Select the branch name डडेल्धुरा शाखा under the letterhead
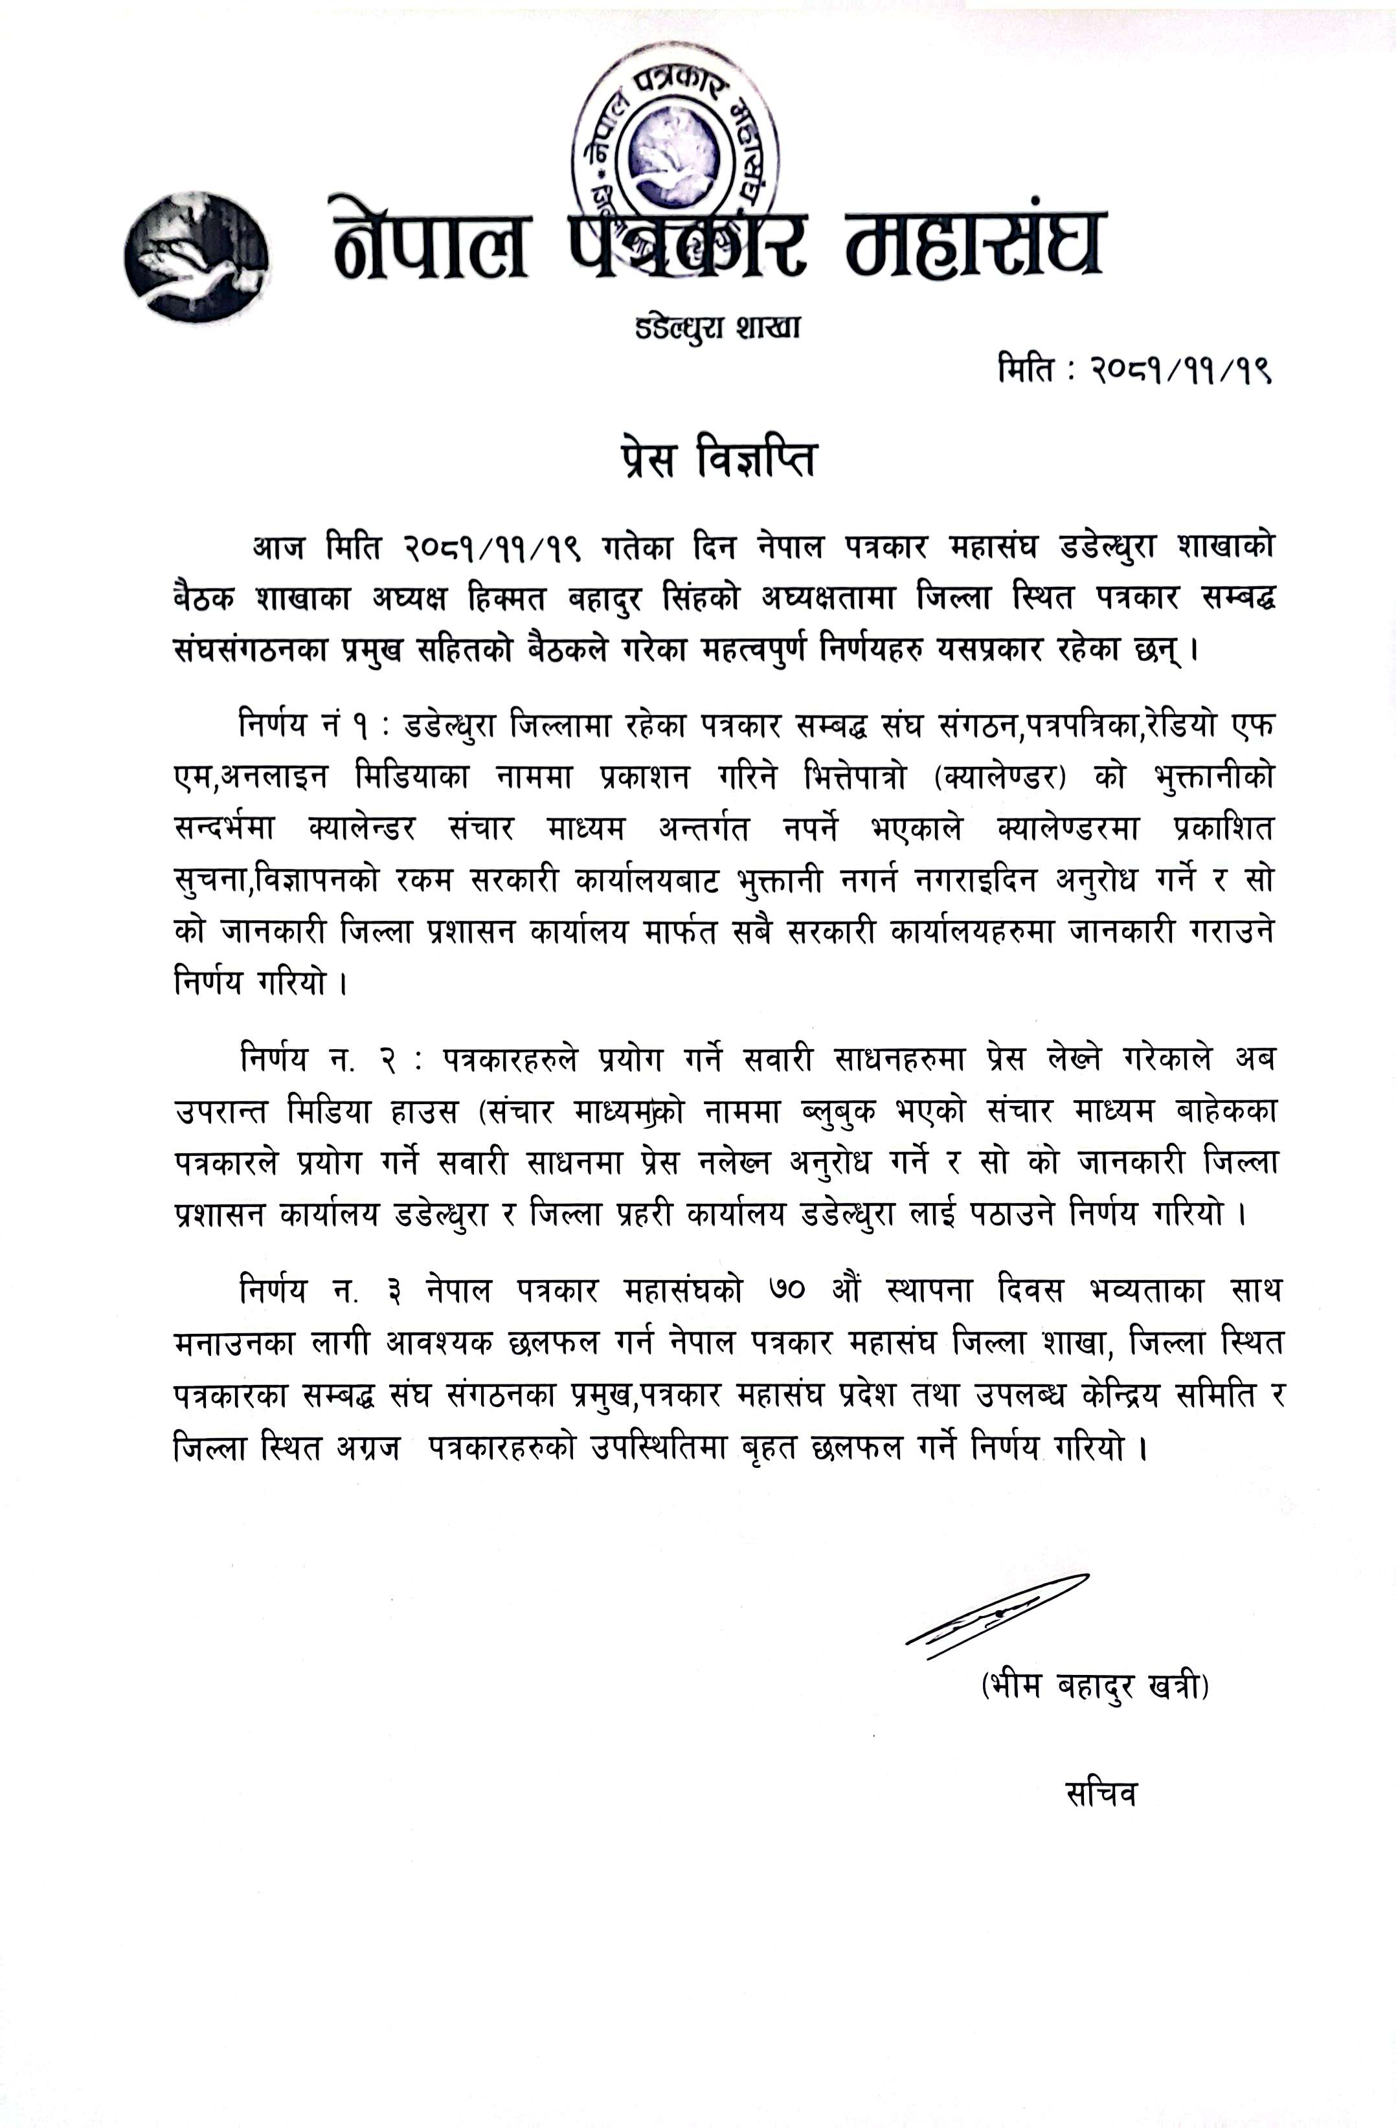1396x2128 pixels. pos(717,328)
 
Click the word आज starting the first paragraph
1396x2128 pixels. pos(279,546)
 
